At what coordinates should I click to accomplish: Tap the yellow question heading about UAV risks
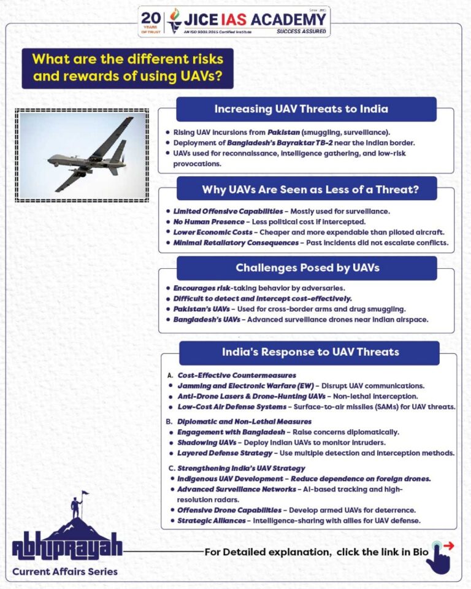tap(128, 68)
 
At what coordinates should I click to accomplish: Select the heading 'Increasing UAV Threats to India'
tap(301, 109)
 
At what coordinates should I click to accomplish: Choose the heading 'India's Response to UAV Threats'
tap(310, 352)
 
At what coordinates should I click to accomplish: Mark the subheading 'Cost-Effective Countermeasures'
tap(228, 375)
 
